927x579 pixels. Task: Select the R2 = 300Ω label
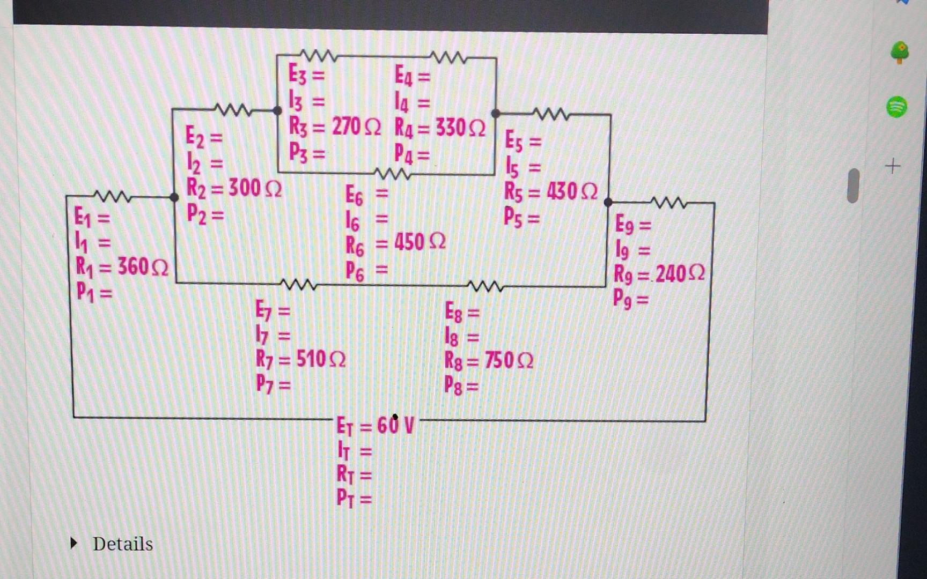pos(234,188)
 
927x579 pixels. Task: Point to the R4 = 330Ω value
pos(440,128)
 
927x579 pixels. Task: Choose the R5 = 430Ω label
pos(550,191)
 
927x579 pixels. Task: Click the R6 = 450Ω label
pos(395,243)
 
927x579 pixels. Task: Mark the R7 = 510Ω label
pos(300,359)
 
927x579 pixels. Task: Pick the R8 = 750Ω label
pos(489,360)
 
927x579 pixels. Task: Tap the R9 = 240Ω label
pos(659,274)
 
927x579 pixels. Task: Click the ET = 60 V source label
pos(375,426)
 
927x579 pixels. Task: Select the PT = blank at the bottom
pos(354,499)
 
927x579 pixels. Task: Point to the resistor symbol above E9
pos(669,203)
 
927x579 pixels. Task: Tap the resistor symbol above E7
pos(298,284)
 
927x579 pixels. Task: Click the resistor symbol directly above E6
pos(393,174)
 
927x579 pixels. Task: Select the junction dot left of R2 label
pos(174,197)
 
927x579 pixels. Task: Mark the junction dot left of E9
pos(608,202)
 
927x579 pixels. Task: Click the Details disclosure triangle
pos(74,544)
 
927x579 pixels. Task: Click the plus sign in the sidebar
pos(893,167)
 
